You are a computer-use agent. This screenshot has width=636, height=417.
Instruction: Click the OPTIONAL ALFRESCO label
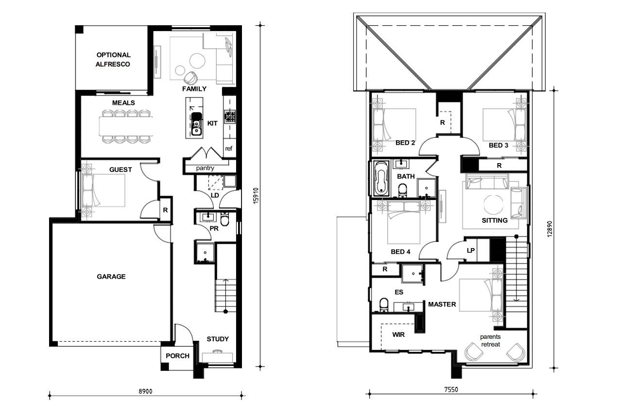(113, 60)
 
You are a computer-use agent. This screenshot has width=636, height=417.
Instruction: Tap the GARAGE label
(111, 277)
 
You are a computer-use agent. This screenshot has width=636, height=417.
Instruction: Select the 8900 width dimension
(146, 391)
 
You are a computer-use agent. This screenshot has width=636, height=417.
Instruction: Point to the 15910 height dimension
(256, 196)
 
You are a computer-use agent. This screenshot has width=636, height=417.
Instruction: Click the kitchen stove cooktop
(229, 117)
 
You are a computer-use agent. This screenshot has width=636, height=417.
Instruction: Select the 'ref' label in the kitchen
(229, 149)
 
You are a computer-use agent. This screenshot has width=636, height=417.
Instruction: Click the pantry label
(206, 168)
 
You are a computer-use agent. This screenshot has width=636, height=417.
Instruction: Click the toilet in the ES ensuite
(383, 304)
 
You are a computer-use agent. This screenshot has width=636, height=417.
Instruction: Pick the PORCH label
(177, 356)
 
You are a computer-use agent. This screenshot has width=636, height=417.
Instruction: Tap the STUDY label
(217, 339)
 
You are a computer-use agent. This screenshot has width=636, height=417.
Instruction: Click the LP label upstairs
(470, 250)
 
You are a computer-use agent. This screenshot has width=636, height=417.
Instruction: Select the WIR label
(398, 334)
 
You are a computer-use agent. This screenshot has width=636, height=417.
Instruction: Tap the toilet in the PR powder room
(225, 221)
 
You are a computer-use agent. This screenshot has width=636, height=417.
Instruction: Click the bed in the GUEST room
(103, 191)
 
